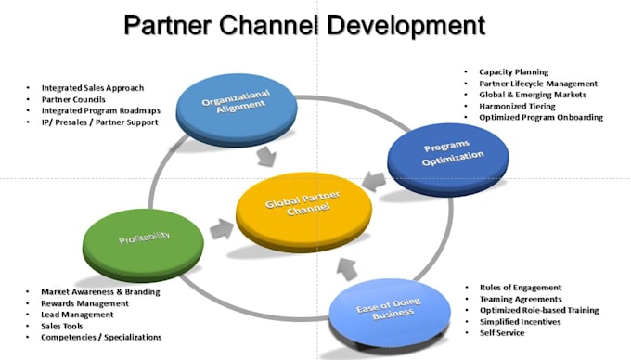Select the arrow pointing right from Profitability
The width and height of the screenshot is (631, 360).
pyautogui.click(x=220, y=227)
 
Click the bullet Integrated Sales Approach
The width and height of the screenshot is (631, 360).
pyautogui.click(x=92, y=88)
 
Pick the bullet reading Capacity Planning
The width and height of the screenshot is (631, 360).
pyautogui.click(x=513, y=72)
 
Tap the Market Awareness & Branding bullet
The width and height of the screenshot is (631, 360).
pyautogui.click(x=100, y=291)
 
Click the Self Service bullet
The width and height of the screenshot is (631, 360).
pyautogui.click(x=503, y=332)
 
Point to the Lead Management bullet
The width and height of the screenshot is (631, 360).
pyautogui.click(x=78, y=315)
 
